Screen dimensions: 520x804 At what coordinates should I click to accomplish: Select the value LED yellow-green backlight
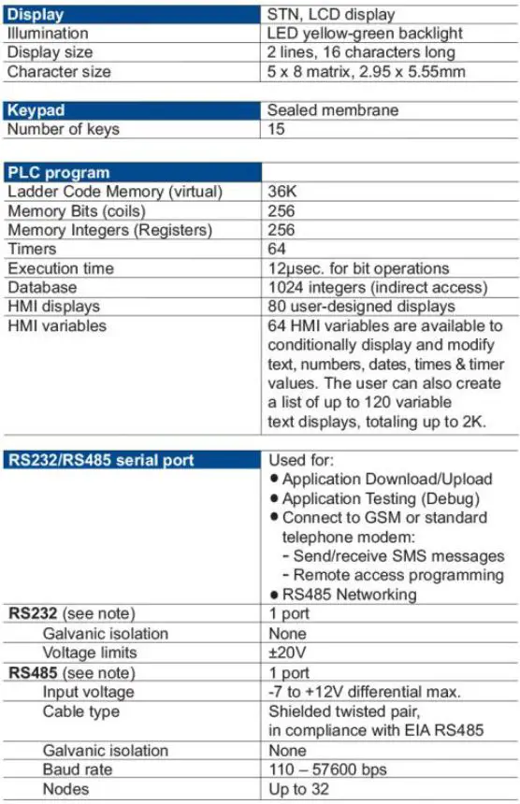[x=365, y=33]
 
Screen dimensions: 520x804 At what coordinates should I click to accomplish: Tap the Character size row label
[x=59, y=71]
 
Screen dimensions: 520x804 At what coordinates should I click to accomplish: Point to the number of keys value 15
[x=277, y=129]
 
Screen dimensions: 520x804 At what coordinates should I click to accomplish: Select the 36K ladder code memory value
[x=282, y=192]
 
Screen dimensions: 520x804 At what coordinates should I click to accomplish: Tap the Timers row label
[x=32, y=249]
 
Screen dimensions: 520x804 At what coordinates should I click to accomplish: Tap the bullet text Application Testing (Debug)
[x=381, y=497]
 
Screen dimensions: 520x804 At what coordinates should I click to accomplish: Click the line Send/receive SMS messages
[x=394, y=555]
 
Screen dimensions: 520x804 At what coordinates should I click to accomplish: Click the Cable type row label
[x=81, y=711]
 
